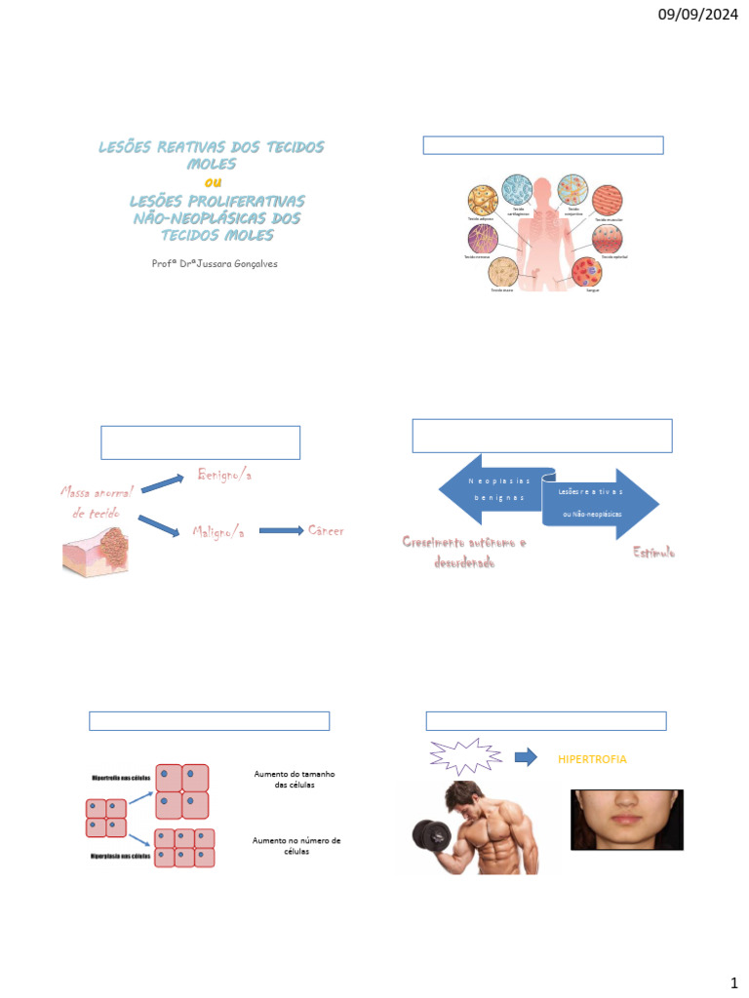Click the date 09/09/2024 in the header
697,15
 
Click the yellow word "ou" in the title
212,181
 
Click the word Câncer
326,530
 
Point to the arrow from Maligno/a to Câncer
280,531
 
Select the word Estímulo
653,553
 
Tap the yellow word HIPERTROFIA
593,758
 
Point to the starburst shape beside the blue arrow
465,757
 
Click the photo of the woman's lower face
626,820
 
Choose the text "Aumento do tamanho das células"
295,779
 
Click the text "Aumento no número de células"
296,845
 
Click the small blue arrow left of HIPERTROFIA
526,757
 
